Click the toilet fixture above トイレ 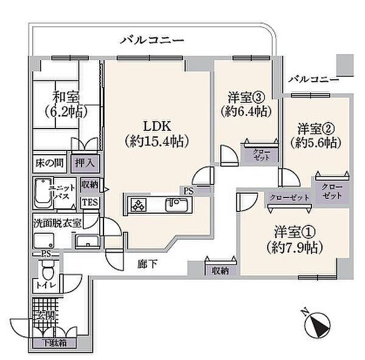(x=52, y=266)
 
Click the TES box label (x=89, y=202)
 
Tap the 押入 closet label (x=83, y=163)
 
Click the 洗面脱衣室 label (x=57, y=222)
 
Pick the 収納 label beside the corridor (x=216, y=271)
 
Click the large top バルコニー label (x=152, y=40)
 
